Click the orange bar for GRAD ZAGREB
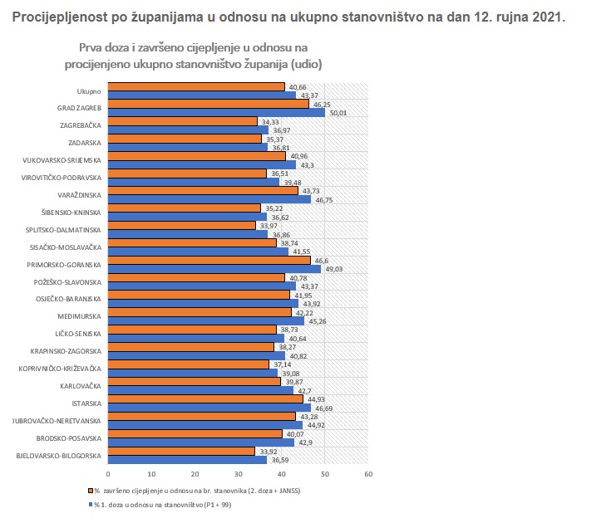coord(208,104)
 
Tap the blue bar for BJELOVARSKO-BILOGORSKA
coord(188,459)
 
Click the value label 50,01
coord(338,112)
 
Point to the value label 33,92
coord(268,451)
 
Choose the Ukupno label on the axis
coord(88,91)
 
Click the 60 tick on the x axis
coord(368,474)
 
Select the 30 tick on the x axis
coord(238,474)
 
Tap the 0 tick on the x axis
coord(108,474)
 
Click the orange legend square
coord(89,491)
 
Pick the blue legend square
coord(89,504)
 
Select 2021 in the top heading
coord(545,17)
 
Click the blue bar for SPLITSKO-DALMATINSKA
coord(188,234)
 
